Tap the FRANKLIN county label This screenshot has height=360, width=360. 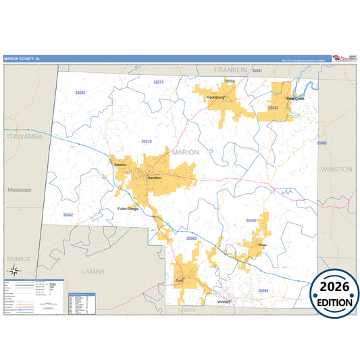[231, 70]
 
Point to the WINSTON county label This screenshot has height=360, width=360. [336, 169]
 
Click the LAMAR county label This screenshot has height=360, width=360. [93, 271]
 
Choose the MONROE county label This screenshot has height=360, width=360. [19, 259]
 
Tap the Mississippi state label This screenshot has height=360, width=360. [20, 190]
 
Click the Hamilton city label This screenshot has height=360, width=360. [154, 178]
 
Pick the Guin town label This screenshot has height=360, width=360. [179, 280]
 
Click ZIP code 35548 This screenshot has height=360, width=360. [251, 221]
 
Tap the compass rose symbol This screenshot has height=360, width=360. [12, 272]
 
